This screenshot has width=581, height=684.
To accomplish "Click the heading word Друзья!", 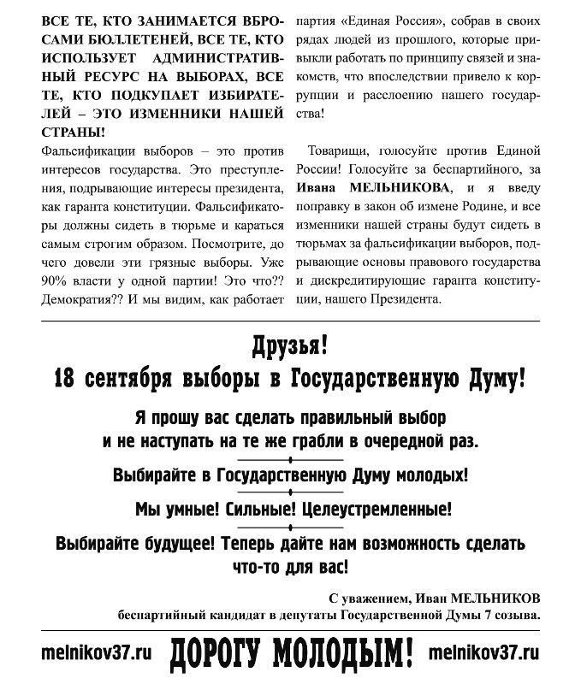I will point(290,346).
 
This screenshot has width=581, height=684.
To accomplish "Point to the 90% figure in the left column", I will point(53,280).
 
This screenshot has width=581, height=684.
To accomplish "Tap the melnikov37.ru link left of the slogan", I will point(95,652).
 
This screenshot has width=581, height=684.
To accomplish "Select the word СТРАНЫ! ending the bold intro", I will point(74,132).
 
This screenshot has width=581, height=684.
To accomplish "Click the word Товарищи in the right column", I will point(339,150).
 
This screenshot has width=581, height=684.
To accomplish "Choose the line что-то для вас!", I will point(289,567).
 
